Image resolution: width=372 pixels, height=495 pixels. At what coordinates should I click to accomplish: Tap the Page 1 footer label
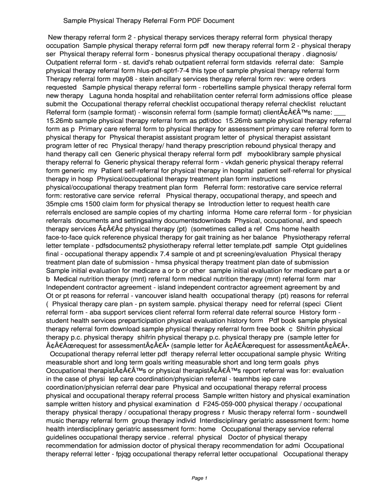click(x=200, y=478)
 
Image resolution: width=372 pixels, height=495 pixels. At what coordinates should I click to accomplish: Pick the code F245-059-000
click(x=225, y=404)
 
